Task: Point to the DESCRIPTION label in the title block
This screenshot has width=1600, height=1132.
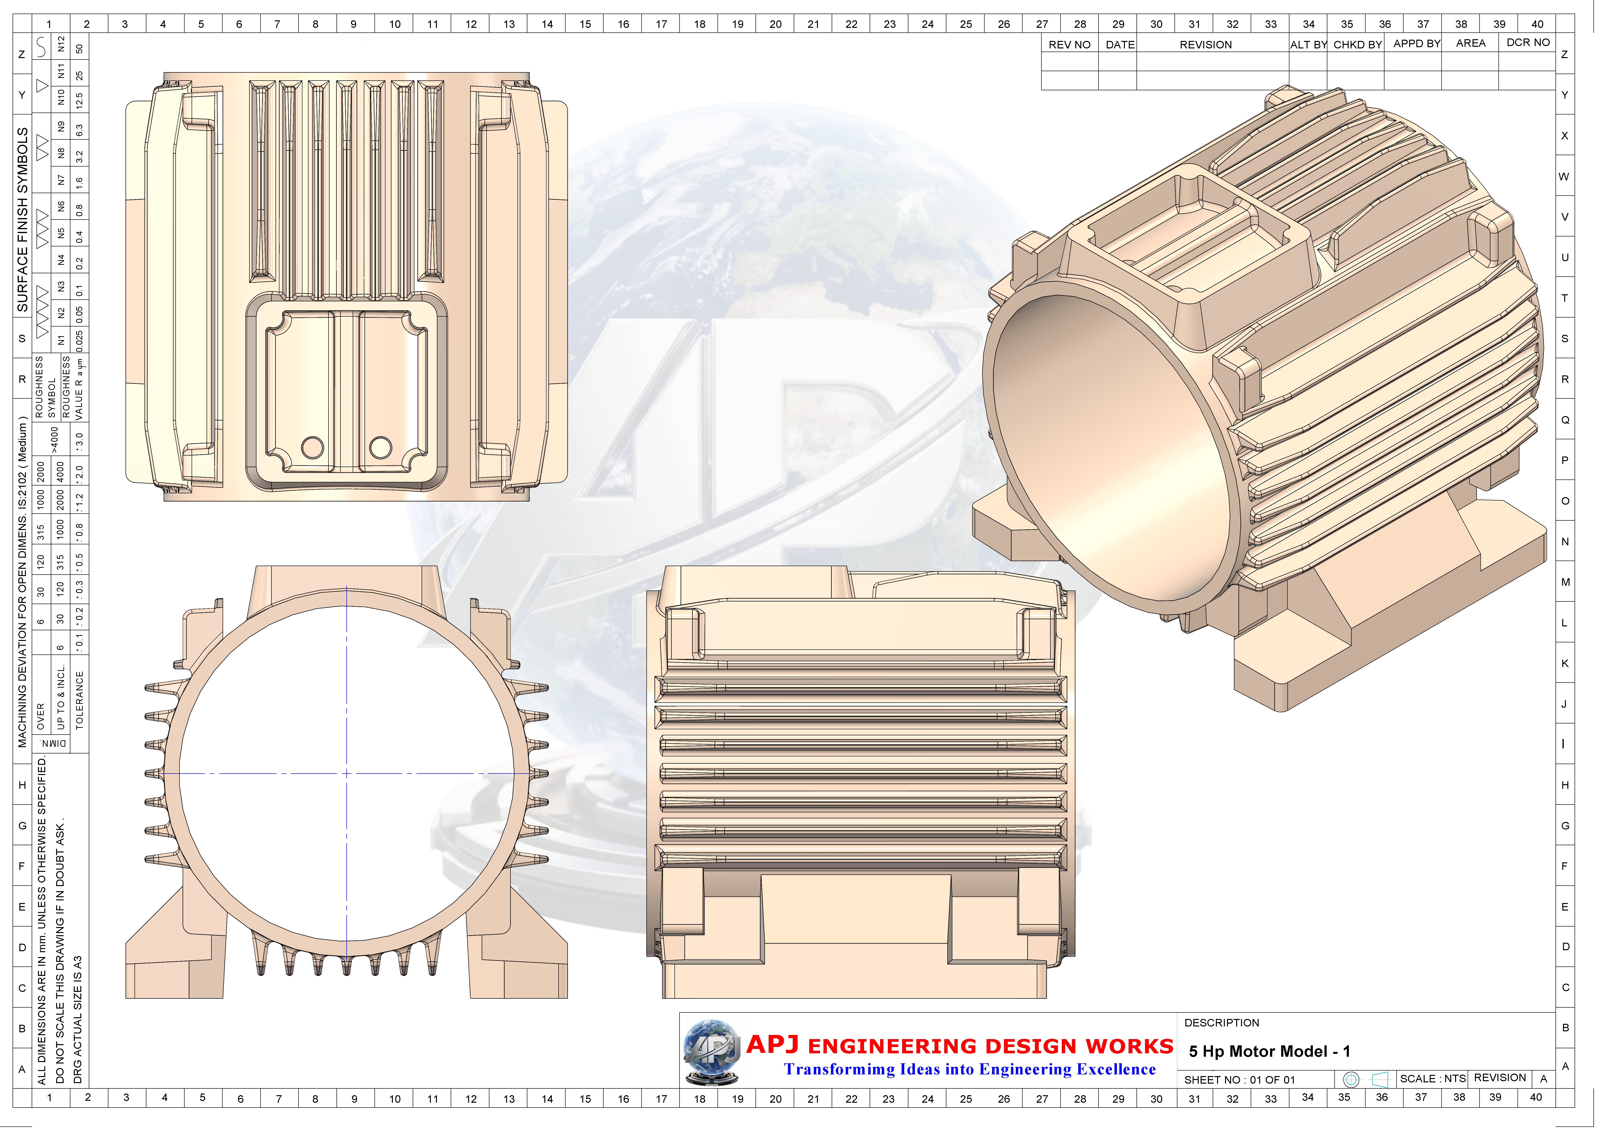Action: tap(1222, 1023)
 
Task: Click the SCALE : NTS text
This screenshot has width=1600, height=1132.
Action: tap(1432, 1078)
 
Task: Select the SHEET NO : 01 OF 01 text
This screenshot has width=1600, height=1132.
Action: tap(1239, 1080)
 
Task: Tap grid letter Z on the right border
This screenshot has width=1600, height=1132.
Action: tap(1564, 54)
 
